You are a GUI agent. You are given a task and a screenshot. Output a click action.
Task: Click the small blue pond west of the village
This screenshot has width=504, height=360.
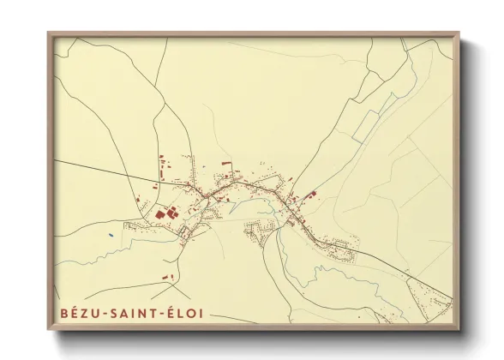click(111, 232)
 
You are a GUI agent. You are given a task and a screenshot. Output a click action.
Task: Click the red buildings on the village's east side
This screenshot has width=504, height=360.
click(309, 195)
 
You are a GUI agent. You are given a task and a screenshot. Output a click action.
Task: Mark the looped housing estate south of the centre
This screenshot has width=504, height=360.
click(257, 229)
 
